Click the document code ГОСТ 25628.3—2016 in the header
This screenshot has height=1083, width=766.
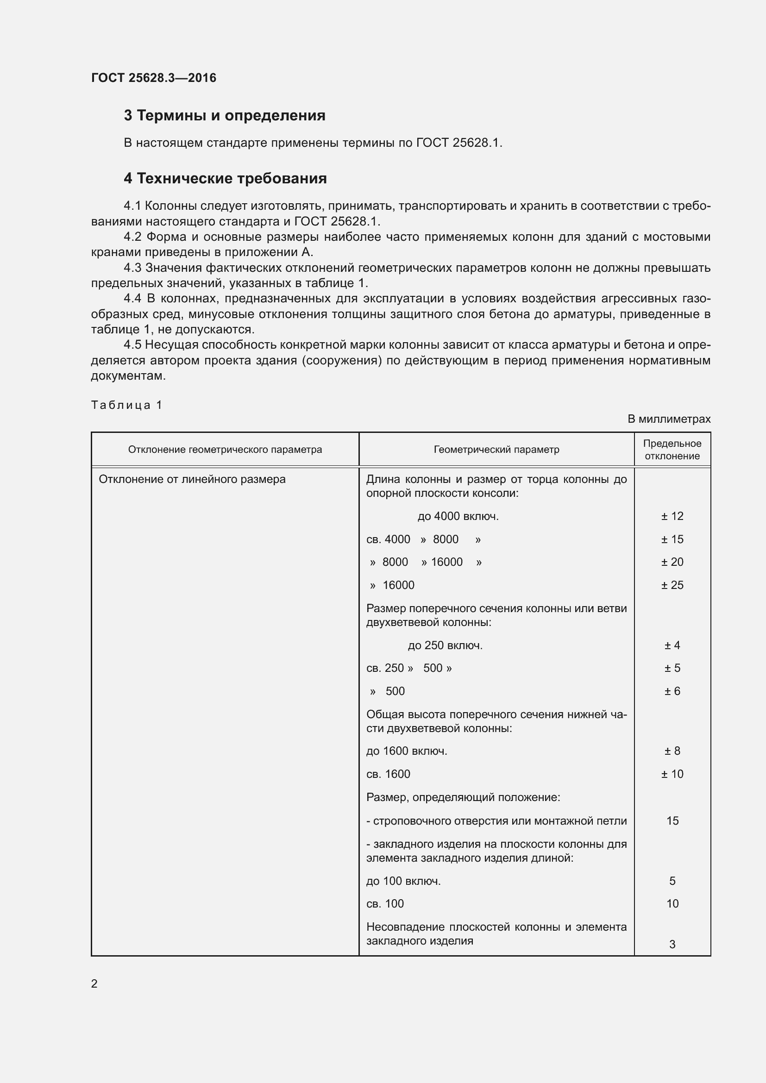pos(153,78)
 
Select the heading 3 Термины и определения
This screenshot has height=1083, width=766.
pos(225,116)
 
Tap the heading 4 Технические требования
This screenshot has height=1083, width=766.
pos(225,178)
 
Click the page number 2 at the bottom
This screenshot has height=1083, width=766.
pos(94,983)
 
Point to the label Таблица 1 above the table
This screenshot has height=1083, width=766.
pos(126,405)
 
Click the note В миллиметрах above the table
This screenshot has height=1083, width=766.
pos(668,419)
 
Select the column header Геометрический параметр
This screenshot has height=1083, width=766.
pos(496,450)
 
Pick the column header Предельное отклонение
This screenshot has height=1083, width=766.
pos(672,450)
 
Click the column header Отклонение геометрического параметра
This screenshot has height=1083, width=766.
pos(225,450)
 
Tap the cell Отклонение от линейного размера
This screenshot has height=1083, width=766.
pos(192,479)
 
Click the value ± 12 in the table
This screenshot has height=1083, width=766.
pos(672,516)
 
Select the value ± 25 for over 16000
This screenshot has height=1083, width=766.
pos(672,585)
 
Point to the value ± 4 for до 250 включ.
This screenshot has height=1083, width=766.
pos(672,645)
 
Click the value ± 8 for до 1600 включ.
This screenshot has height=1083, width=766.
pos(672,751)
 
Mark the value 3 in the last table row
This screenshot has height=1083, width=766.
pos(672,944)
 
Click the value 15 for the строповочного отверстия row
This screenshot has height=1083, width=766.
pos(672,821)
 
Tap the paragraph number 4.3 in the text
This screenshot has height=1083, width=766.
pos(132,268)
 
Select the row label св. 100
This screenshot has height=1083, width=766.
pos(385,904)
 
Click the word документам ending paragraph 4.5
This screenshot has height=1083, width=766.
pos(128,376)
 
